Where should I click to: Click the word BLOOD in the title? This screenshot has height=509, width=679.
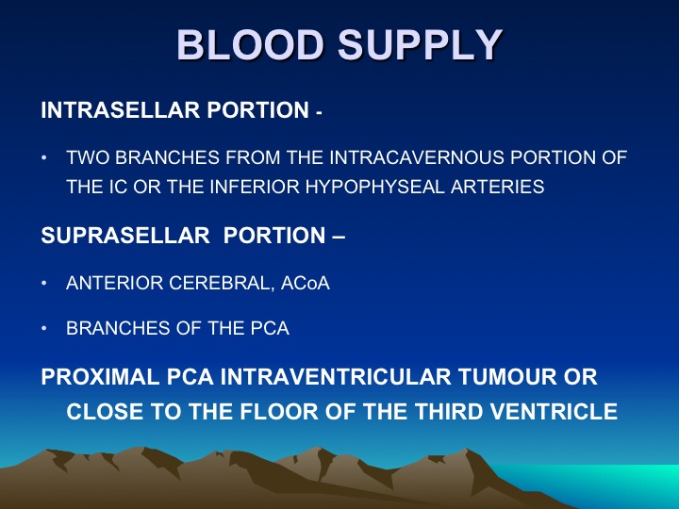(x=250, y=45)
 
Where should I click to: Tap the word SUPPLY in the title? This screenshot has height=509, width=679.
(x=420, y=45)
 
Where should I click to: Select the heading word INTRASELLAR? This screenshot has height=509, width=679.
(x=121, y=110)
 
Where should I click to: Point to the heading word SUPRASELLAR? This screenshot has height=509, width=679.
(x=125, y=236)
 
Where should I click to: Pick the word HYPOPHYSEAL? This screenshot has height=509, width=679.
(x=375, y=187)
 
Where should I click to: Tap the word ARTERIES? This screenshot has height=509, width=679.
(x=498, y=187)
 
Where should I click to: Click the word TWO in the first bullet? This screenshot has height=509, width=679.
(x=88, y=157)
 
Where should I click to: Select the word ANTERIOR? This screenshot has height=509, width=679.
(x=114, y=283)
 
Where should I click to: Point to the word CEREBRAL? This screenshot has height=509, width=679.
(x=222, y=284)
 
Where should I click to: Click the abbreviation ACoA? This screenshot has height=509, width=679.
(x=306, y=283)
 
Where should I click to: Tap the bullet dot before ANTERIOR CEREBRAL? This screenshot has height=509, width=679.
(x=43, y=283)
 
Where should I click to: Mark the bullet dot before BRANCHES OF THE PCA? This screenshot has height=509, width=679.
(x=43, y=328)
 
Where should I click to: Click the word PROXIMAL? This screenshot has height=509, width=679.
(x=101, y=376)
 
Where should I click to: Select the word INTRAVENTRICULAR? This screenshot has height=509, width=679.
(x=336, y=376)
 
